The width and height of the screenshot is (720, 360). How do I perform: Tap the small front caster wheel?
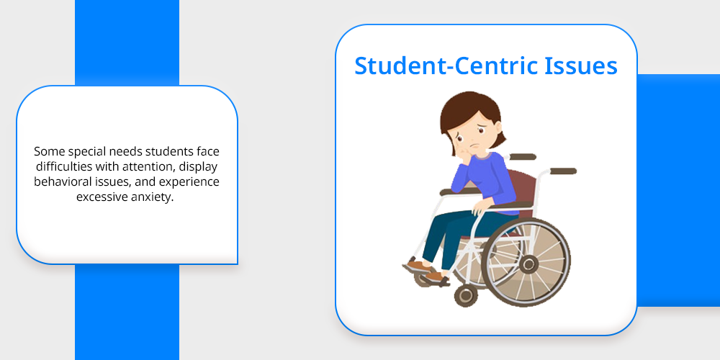pos(466,296)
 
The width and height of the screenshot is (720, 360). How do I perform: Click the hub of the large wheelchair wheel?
pos(528,264)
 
